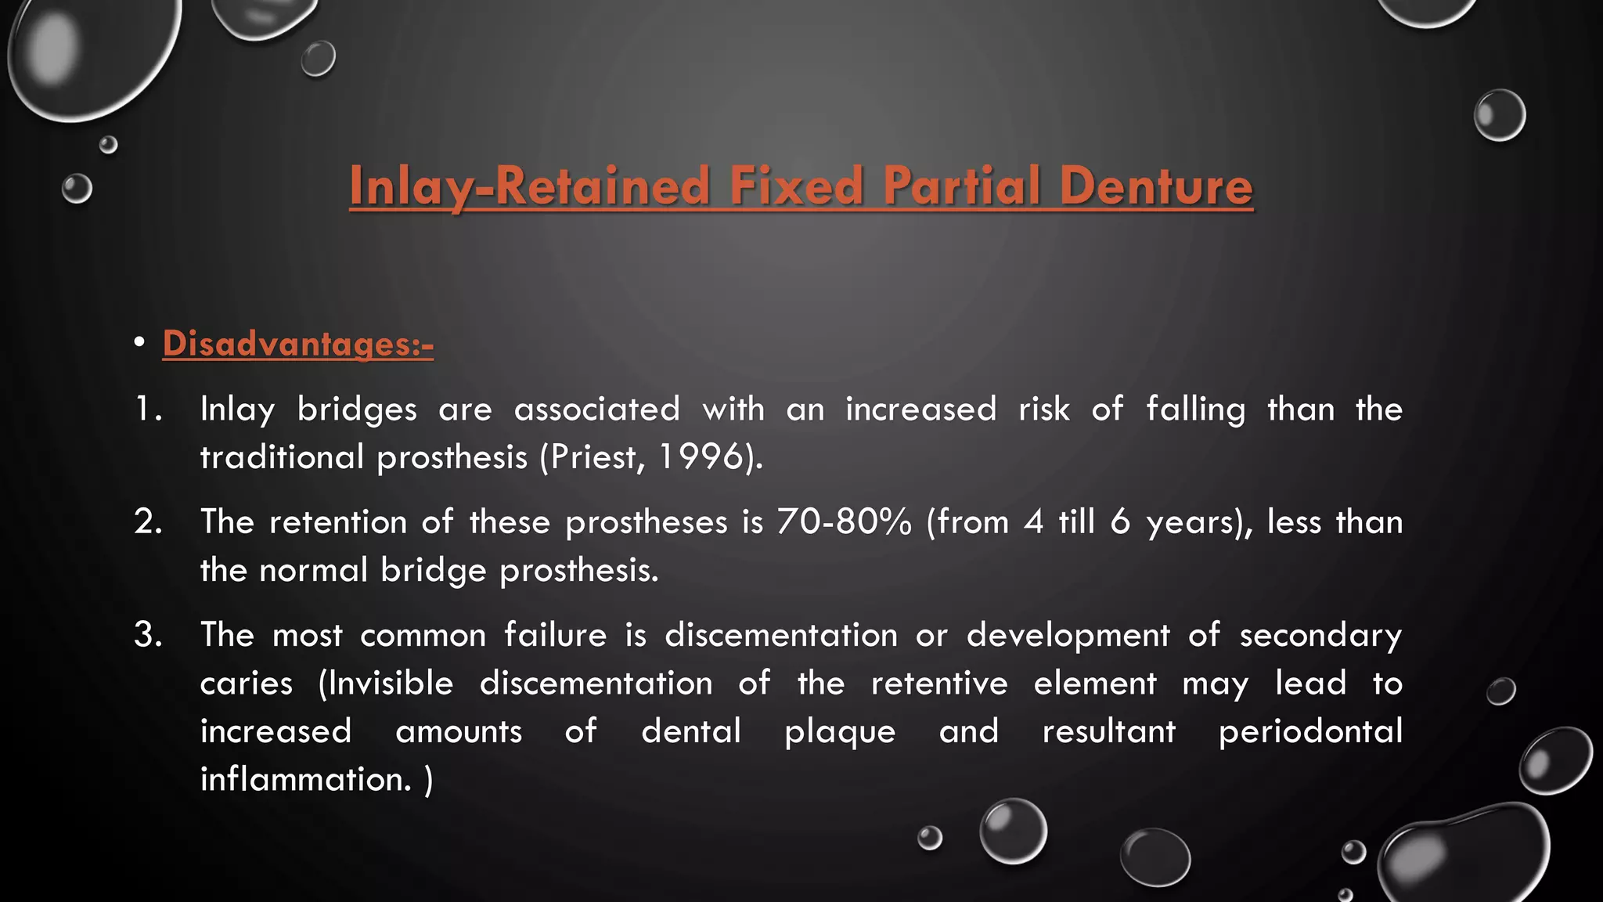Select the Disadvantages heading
pyautogui.click(x=297, y=344)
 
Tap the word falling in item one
pyautogui.click(x=1195, y=410)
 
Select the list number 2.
pyautogui.click(x=147, y=521)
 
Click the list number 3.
pyautogui.click(x=147, y=634)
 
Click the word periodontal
pyautogui.click(x=1310, y=731)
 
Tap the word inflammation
pyautogui.click(x=305, y=779)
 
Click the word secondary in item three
pyautogui.click(x=1320, y=635)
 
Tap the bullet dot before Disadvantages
pyautogui.click(x=139, y=343)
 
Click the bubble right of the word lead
pyautogui.click(x=1500, y=691)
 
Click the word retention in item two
pyautogui.click(x=337, y=521)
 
